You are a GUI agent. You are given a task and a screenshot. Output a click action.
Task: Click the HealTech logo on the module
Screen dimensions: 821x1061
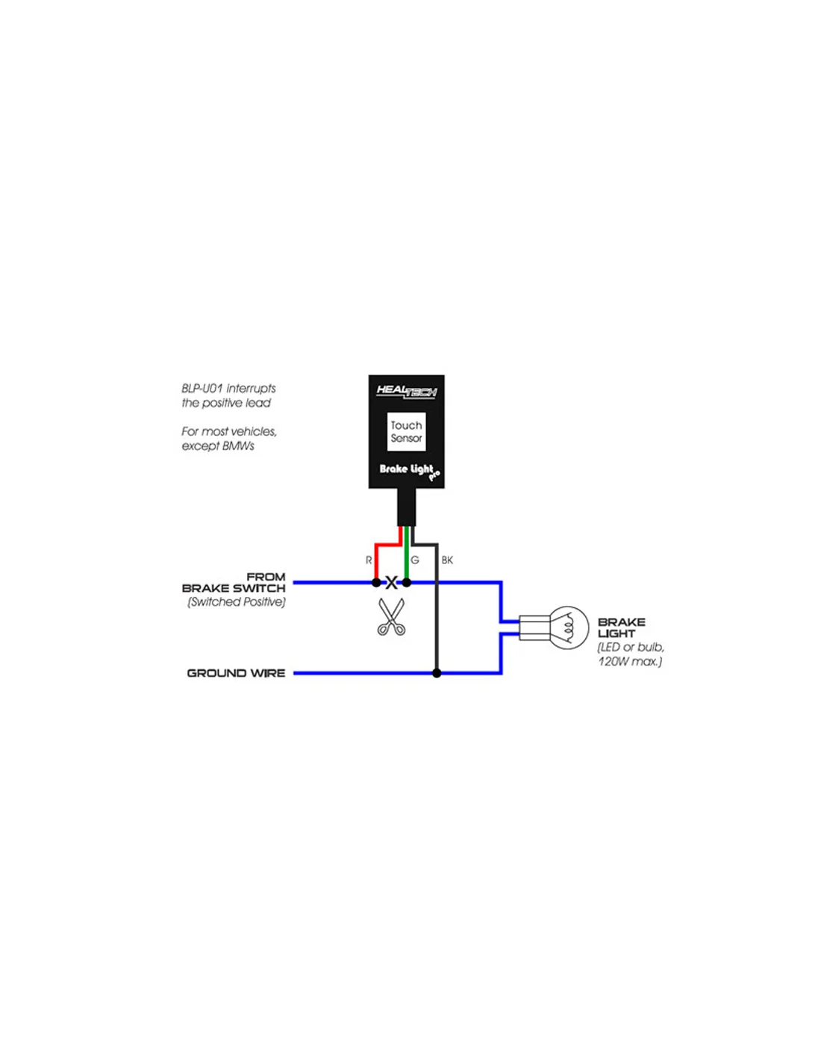click(x=406, y=392)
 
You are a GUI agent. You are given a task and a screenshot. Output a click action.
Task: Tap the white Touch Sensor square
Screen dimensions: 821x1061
click(x=406, y=431)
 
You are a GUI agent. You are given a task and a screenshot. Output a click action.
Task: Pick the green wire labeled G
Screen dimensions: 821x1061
click(x=406, y=554)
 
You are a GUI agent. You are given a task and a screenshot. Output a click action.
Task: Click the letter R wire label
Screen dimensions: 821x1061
click(x=369, y=560)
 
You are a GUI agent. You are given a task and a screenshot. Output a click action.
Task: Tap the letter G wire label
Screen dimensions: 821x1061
click(x=415, y=560)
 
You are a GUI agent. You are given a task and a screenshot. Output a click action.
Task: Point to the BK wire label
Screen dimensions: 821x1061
click(x=447, y=560)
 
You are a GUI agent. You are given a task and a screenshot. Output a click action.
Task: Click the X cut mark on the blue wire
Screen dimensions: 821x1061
click(x=391, y=583)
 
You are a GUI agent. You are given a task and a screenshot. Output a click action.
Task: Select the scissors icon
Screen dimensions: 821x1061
click(x=391, y=617)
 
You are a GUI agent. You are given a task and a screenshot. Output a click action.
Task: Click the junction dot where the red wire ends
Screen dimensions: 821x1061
click(x=376, y=583)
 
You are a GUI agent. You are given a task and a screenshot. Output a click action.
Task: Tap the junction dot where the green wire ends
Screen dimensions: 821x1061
click(x=406, y=583)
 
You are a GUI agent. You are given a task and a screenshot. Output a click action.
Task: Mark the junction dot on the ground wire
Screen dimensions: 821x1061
click(x=437, y=673)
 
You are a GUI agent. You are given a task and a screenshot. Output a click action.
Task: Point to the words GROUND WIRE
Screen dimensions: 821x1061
click(x=236, y=673)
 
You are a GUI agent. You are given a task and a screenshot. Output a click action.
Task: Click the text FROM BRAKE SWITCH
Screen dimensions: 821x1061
click(x=234, y=583)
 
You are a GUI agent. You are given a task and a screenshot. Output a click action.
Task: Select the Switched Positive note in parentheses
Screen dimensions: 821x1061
click(x=237, y=602)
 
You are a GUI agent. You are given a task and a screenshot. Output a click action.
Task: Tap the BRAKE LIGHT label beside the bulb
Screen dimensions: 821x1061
click(x=622, y=628)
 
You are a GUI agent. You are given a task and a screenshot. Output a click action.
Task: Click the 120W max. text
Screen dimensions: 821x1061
click(x=630, y=662)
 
